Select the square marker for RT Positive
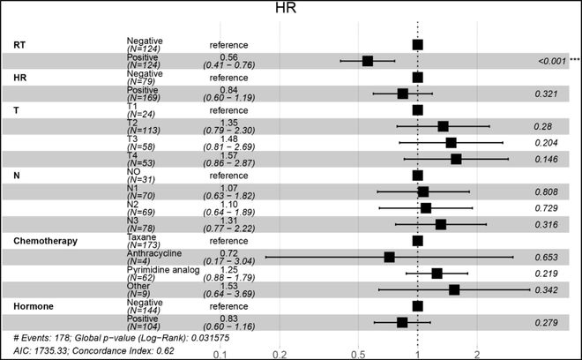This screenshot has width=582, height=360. tap(368, 61)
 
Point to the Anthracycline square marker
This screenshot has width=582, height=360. tap(389, 257)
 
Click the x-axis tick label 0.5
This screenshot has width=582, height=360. tap(358, 354)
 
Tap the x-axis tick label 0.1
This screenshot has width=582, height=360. tap(220, 354)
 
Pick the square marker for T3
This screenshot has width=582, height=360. tap(451, 142)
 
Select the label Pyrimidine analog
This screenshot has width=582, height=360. tap(160, 268)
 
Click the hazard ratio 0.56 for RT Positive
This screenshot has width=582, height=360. tap(229, 56)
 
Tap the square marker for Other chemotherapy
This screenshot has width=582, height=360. tap(454, 289)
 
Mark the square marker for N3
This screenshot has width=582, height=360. tap(441, 224)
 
